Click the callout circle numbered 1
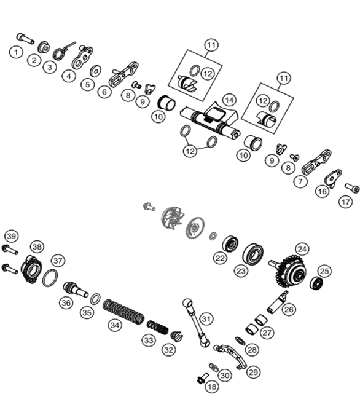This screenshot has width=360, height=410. [16, 52]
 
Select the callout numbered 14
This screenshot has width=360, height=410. [229, 100]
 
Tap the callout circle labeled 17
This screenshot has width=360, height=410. [346, 202]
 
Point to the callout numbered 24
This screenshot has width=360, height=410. [302, 249]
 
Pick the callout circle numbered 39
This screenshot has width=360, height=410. [12, 237]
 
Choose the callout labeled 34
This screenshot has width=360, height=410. [115, 325]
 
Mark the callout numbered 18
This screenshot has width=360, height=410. [212, 387]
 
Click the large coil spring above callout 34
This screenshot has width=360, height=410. [123, 312]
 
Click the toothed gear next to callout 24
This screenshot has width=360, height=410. [291, 271]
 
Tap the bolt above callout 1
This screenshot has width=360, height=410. [25, 38]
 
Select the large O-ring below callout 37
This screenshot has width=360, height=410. [50, 278]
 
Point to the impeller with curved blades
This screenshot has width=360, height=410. [173, 218]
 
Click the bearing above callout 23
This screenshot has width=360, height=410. [253, 254]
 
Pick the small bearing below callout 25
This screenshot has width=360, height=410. [316, 283]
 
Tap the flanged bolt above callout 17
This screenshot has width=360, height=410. [352, 188]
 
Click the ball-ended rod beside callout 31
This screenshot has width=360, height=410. [196, 323]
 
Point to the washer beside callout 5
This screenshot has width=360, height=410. [96, 71]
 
